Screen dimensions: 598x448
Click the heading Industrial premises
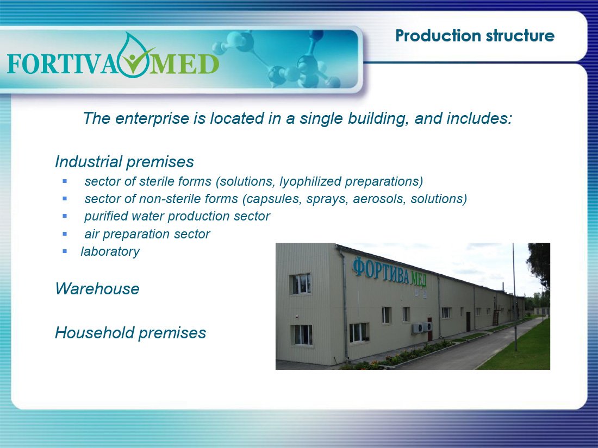click(x=124, y=161)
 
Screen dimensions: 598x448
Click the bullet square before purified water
click(x=65, y=216)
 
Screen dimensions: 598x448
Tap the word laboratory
click(x=110, y=251)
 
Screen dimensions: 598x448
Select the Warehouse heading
click(x=97, y=289)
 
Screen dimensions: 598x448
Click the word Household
click(x=95, y=332)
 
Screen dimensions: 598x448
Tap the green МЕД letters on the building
click(x=419, y=279)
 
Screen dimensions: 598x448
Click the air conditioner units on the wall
click(x=422, y=327)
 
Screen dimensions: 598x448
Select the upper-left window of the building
click(x=301, y=284)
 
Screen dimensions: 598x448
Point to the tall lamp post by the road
click(x=514, y=297)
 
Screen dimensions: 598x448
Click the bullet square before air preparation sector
click(x=65, y=234)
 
